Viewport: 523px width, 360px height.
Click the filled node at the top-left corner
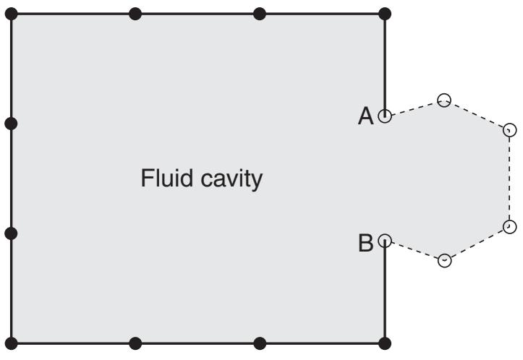pos(11,14)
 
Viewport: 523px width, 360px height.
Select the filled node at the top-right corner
pos(385,14)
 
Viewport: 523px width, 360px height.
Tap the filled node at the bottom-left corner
pos(11,343)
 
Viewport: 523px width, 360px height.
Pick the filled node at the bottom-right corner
pos(385,343)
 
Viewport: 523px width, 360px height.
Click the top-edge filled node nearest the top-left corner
pos(135,14)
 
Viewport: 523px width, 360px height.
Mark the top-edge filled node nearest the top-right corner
pos(260,14)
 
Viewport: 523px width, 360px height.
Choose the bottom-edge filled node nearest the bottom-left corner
pos(135,343)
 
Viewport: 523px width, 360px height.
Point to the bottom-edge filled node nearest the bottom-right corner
pos(260,343)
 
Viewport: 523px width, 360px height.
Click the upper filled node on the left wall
pos(11,124)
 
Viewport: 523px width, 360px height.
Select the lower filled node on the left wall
pos(11,233)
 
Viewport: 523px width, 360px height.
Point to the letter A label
pos(365,116)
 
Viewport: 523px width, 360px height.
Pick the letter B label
pos(365,243)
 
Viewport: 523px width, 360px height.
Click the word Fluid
pos(167,178)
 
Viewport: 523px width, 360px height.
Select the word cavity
pos(231,180)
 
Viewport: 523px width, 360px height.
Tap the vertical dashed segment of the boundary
pos(509,179)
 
